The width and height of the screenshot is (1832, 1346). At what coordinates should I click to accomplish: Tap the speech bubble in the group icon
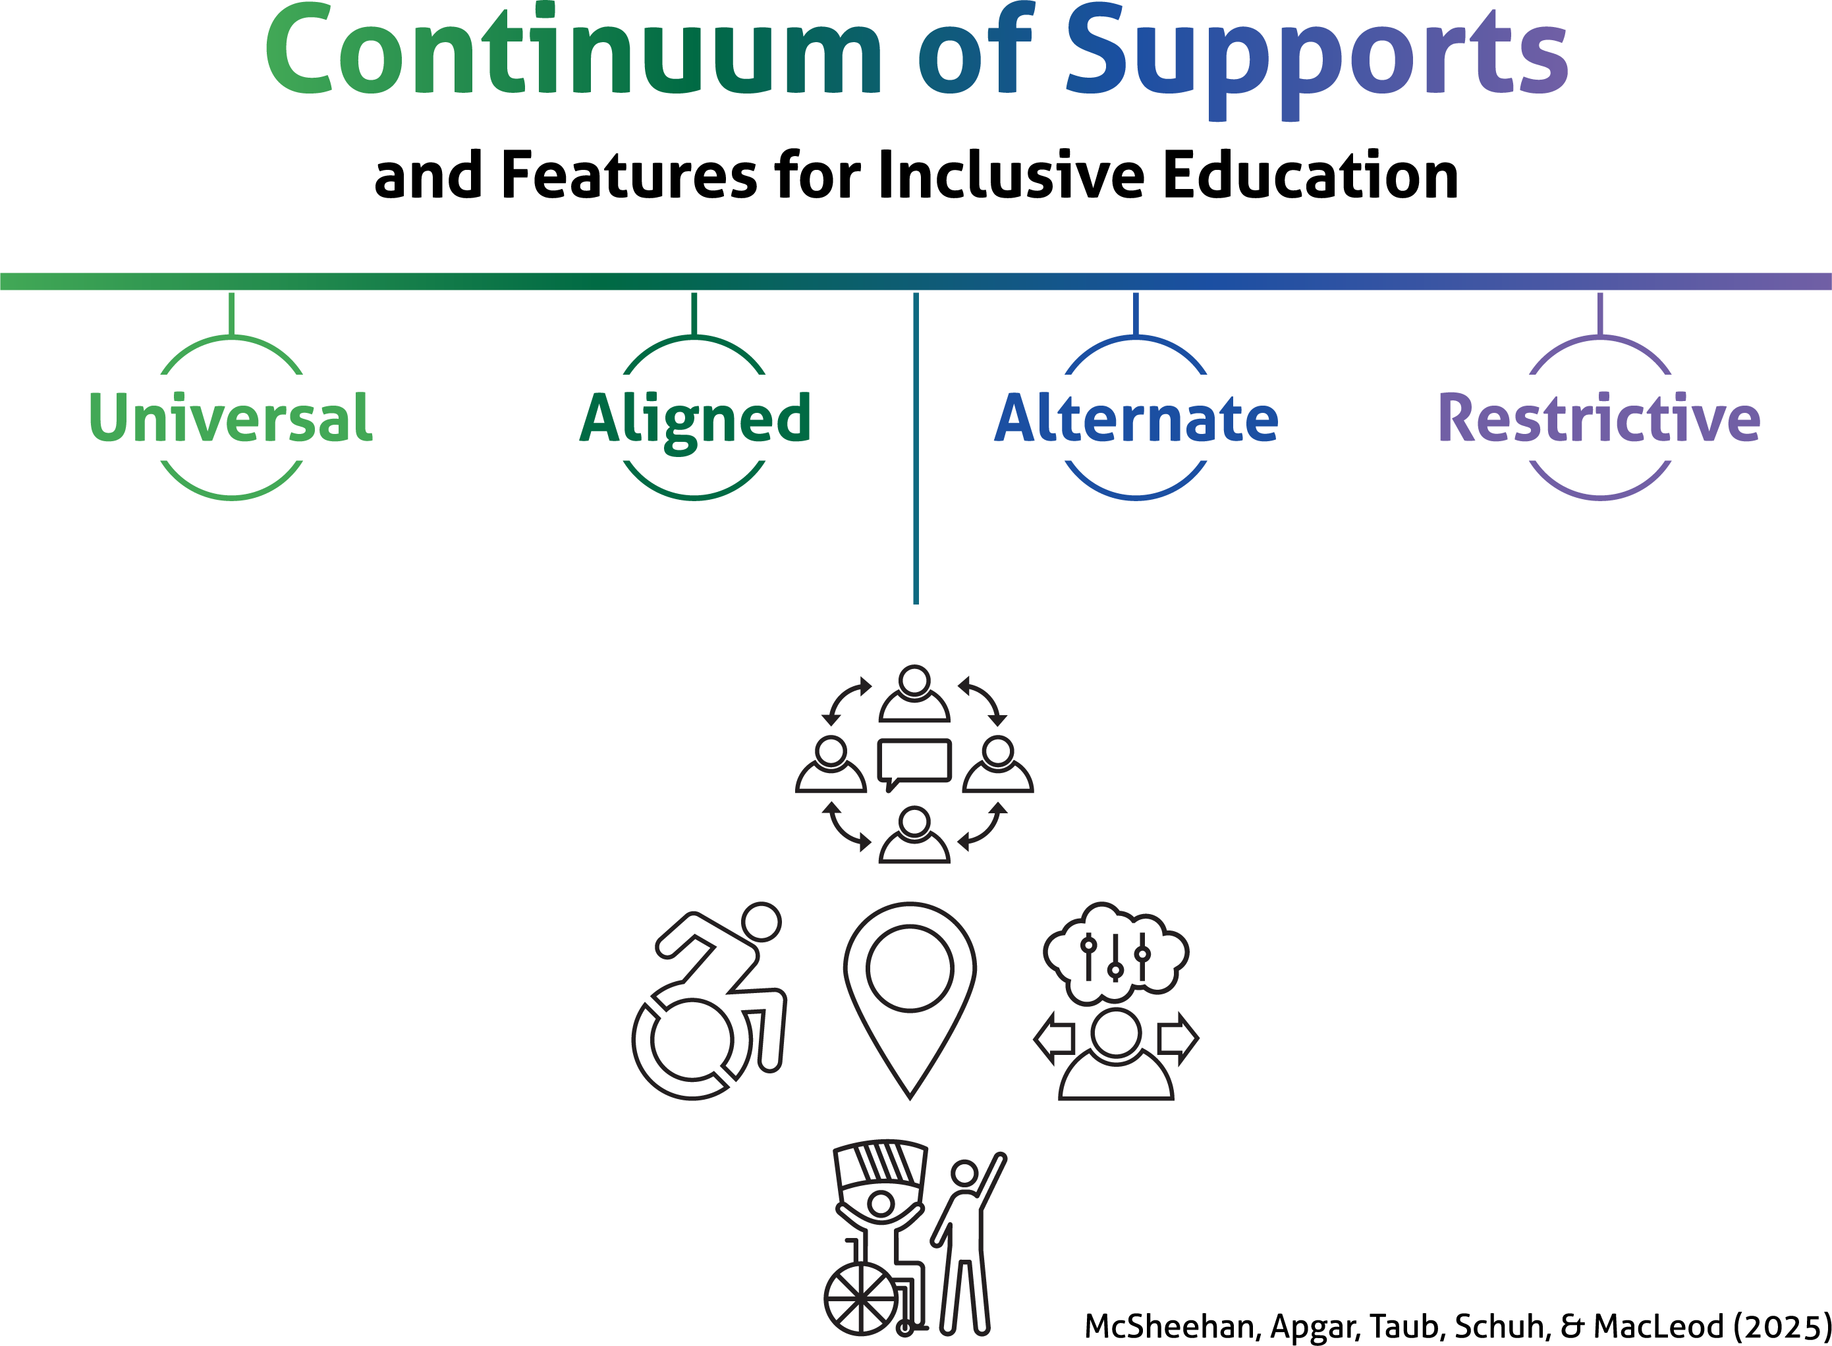point(914,762)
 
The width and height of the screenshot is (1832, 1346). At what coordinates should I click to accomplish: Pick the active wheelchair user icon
point(709,1002)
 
